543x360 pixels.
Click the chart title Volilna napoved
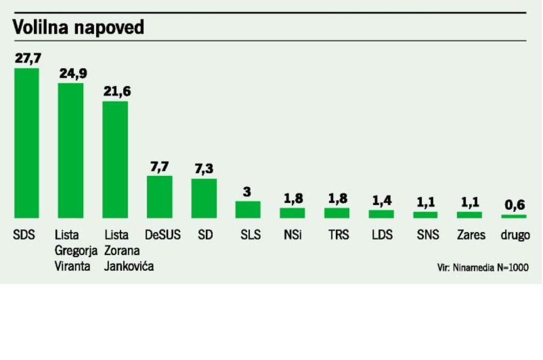pos(78,27)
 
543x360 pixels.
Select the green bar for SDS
pos(27,143)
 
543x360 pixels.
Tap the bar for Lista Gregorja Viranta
pos(71,151)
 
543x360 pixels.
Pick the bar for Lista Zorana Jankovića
pos(115,160)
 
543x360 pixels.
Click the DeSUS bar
pos(159,197)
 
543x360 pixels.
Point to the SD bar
pos(204,198)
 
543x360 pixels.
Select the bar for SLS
pos(248,209)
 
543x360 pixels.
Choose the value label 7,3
pos(204,169)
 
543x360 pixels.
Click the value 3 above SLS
pos(247,192)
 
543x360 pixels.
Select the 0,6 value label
pos(514,205)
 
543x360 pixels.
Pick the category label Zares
pos(471,235)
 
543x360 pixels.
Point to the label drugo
pos(515,236)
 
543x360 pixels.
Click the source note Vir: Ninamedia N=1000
pos(483,267)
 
